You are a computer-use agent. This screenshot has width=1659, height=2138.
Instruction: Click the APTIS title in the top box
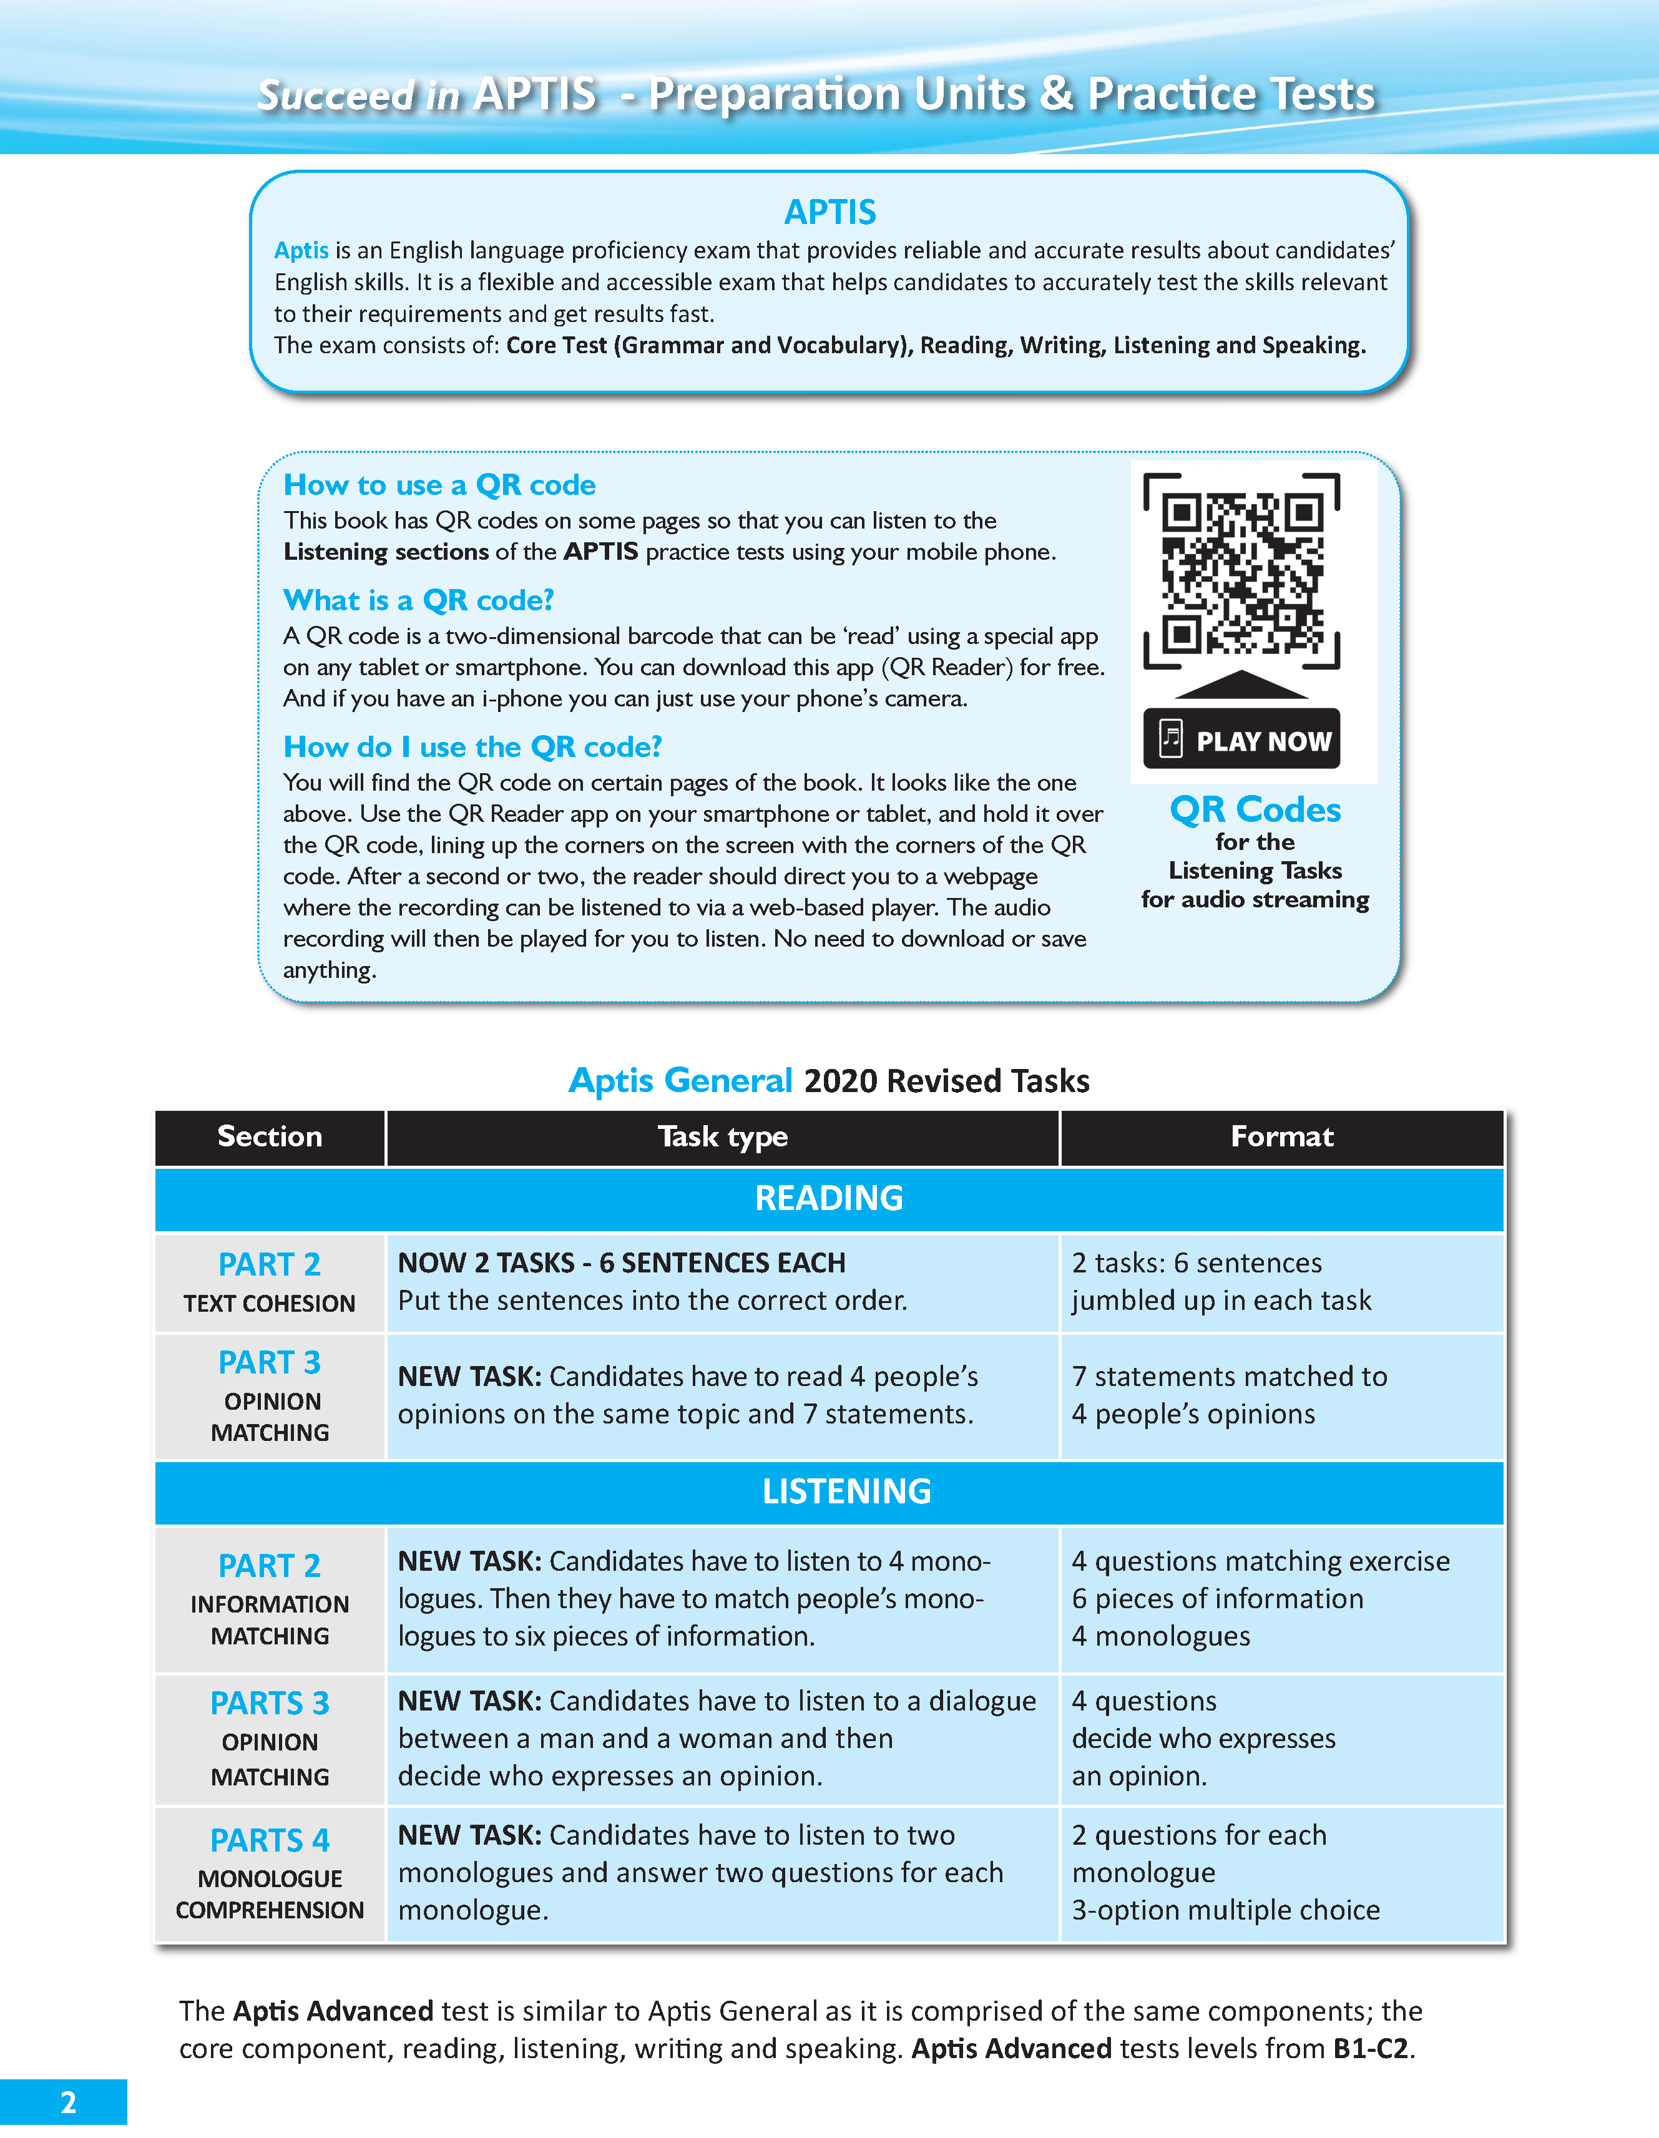pos(829,212)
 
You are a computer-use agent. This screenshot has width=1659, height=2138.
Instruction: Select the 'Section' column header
pos(269,1136)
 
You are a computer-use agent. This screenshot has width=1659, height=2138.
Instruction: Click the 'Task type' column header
pos(723,1136)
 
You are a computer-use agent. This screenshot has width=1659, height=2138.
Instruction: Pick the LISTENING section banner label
pos(846,1491)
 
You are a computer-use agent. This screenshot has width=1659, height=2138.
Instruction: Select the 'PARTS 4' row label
pos(269,1840)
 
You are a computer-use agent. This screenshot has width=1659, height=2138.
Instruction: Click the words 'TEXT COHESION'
pos(269,1304)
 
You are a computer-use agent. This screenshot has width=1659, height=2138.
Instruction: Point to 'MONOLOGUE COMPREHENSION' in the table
pos(269,1894)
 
